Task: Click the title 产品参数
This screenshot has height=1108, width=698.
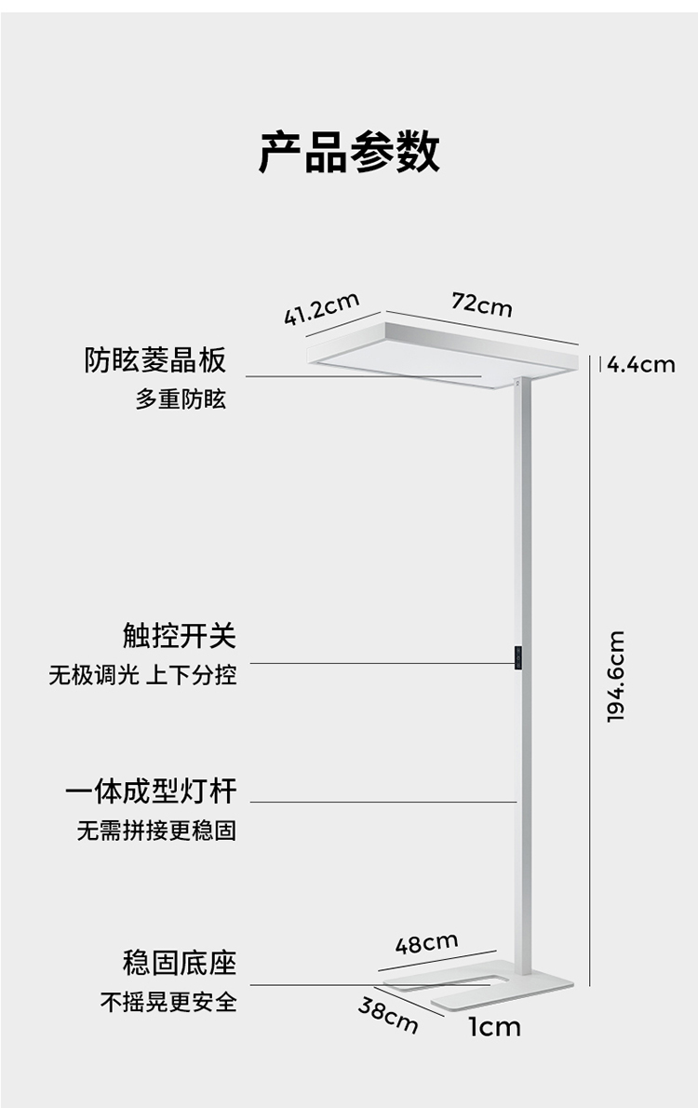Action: (x=349, y=152)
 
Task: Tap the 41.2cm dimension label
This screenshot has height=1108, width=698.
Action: (x=321, y=308)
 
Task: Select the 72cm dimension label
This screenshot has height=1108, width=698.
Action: (x=481, y=304)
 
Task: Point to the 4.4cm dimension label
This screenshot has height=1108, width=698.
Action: (x=641, y=364)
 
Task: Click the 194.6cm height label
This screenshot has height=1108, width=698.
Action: (x=615, y=676)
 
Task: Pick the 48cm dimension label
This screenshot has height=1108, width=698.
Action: (x=426, y=943)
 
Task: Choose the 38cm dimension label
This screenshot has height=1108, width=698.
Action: (x=387, y=1013)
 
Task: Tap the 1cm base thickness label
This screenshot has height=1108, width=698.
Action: (x=494, y=1028)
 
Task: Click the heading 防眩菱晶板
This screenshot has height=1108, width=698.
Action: (x=155, y=359)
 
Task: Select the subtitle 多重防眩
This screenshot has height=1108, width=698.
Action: (x=181, y=400)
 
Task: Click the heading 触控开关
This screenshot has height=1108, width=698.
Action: (x=180, y=636)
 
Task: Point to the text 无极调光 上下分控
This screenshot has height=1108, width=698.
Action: (x=142, y=675)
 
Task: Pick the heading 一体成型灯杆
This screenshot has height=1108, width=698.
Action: (x=151, y=792)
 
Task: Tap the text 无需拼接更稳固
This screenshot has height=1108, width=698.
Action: (x=156, y=831)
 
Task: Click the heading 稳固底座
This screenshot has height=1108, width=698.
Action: (x=180, y=962)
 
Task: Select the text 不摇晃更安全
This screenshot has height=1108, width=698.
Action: (x=168, y=1002)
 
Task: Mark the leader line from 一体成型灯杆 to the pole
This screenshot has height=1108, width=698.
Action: (x=383, y=802)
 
